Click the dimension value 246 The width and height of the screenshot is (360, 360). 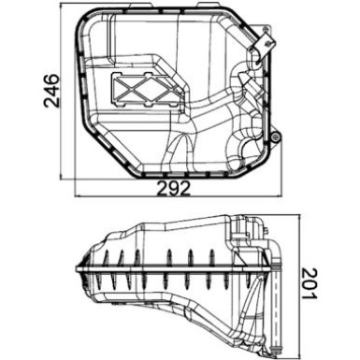[52, 91]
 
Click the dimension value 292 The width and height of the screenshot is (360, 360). [171, 188]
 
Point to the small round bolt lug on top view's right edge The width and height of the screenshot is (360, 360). [275, 138]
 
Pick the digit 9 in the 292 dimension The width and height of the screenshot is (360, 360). [171, 188]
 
